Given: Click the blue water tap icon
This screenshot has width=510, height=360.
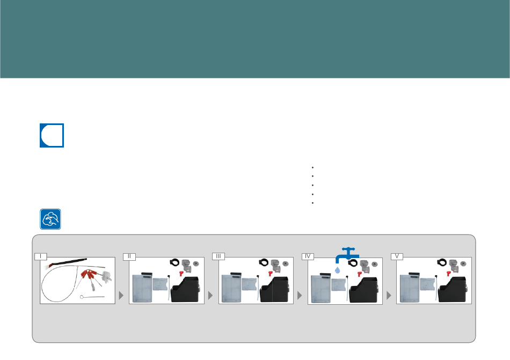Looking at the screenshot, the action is coord(347,255).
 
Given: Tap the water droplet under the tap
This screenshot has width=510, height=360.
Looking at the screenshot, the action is coord(337,270).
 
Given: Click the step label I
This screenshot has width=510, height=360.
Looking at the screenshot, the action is coord(41,256).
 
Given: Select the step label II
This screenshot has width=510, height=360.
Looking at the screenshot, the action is coord(129,256).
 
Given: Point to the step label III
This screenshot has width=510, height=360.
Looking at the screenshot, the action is coord(218,256).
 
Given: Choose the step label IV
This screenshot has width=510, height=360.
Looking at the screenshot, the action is coord(308,256).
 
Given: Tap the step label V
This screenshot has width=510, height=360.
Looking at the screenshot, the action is coord(397,256).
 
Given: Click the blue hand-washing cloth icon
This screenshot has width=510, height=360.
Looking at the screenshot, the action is coord(50,219).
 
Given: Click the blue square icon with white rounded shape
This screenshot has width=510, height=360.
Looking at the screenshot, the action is coord(52,136).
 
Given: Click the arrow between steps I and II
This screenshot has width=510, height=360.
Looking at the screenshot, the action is coord(121,295).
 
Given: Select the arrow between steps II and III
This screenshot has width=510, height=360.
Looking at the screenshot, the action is coord(210,295).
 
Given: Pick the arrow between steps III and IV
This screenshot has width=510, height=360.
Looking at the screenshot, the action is coord(300,295).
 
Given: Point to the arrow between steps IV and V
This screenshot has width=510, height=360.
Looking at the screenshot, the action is coord(389,295).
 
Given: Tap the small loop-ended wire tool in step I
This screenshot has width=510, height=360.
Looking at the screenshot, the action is coord(92,297).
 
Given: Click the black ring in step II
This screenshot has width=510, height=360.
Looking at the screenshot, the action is coord(174,262).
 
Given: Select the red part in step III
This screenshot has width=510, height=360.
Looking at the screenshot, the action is coord(271,274).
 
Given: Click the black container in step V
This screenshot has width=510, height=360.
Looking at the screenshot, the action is coord(453,289).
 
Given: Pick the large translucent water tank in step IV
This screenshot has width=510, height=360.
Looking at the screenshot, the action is coord(320,288).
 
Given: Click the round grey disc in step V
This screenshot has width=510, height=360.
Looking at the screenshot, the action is coord(463,263).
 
